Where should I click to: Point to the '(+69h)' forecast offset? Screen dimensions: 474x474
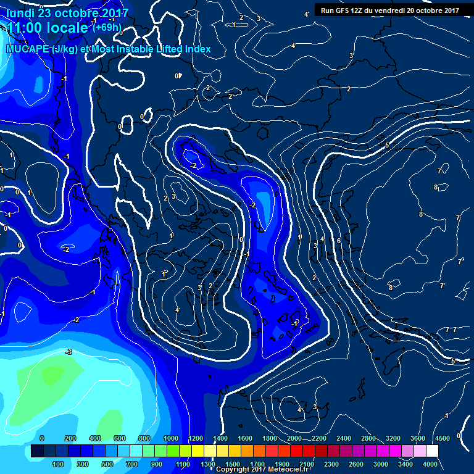point(107,28)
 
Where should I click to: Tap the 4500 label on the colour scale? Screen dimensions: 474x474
point(442,438)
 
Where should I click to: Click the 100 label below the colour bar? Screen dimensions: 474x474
point(58,464)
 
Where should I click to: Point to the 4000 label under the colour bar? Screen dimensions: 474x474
point(430,464)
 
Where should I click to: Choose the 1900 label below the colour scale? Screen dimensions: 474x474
point(282,464)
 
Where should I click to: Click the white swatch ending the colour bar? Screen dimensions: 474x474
point(432,452)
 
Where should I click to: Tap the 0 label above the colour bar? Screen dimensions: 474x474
point(42,438)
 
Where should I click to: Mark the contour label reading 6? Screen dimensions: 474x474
point(339,241)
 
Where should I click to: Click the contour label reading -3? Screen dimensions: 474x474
point(69,352)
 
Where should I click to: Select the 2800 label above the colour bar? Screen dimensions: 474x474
point(368,438)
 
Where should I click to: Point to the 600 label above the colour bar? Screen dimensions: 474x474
point(119,438)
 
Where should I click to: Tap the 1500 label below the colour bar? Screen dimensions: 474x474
point(233,464)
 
